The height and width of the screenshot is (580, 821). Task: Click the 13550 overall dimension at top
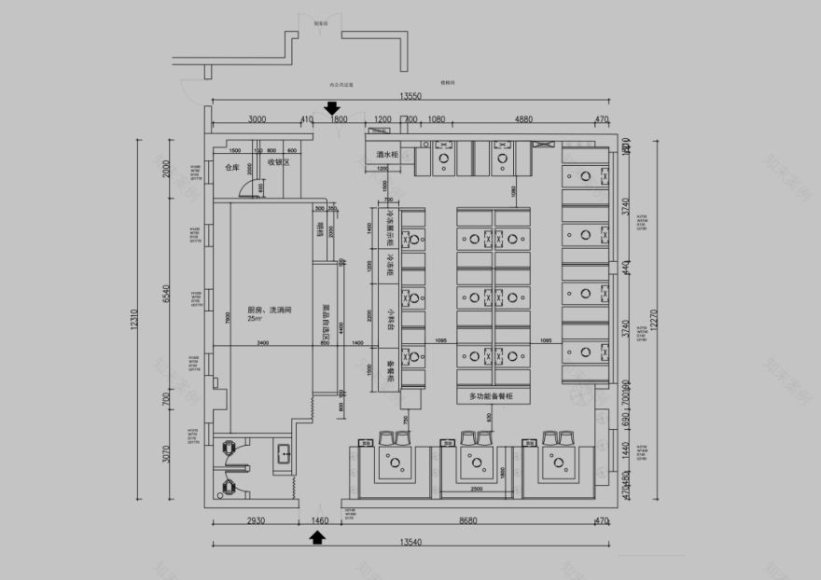(x=410, y=96)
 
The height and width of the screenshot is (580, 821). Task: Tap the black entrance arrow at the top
(x=332, y=108)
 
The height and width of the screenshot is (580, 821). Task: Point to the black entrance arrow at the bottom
(x=317, y=537)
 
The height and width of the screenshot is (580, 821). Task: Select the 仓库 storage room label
(x=232, y=169)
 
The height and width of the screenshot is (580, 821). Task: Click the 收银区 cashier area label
(x=280, y=162)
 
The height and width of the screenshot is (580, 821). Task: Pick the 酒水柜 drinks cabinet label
(x=388, y=154)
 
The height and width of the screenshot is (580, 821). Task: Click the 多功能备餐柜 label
(x=493, y=397)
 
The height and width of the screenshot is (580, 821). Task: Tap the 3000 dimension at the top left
(x=257, y=119)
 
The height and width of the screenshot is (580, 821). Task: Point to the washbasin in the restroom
(x=283, y=454)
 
